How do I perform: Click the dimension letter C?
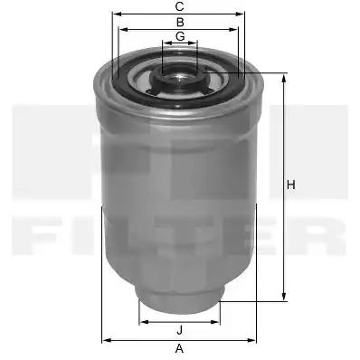point(180,6)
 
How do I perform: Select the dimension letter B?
point(180,23)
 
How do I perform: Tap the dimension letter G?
point(180,36)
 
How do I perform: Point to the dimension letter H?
point(291,185)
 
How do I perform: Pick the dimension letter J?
point(180,330)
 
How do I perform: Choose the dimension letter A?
point(179,349)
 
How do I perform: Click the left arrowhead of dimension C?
point(117,14)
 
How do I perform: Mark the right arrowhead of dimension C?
point(240,14)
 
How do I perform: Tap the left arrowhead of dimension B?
point(124,29)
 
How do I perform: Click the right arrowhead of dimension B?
point(233,29)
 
